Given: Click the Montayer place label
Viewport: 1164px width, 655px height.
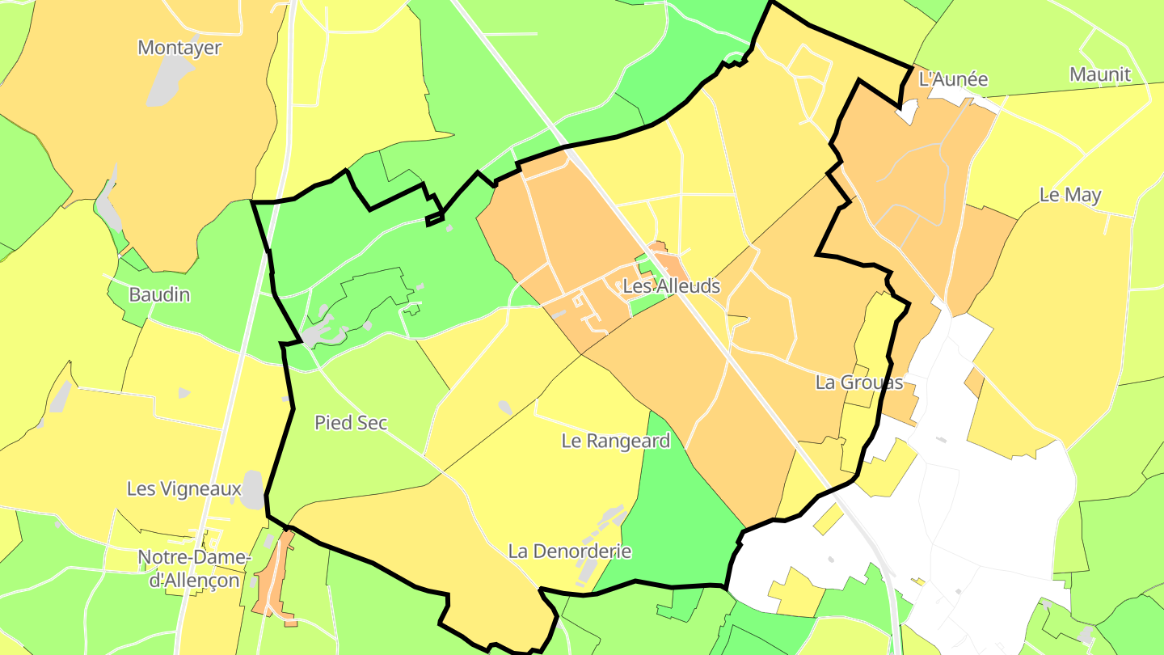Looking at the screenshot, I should (x=179, y=48).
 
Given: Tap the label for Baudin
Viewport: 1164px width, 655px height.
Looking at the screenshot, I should (x=159, y=294).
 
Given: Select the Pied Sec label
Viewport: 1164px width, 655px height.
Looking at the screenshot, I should (x=351, y=423).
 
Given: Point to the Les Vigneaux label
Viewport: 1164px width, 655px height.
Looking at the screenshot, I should (x=184, y=489).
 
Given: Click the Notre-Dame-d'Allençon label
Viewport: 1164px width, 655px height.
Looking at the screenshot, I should (x=194, y=569).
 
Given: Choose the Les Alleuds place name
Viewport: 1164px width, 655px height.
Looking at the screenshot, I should (x=671, y=286).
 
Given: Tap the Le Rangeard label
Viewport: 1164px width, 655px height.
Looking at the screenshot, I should (x=616, y=442).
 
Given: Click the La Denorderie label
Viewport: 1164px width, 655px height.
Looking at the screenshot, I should (x=570, y=551).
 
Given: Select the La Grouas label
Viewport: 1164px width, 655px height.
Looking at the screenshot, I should (x=858, y=382).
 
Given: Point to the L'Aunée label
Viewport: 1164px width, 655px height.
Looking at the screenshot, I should (x=954, y=79).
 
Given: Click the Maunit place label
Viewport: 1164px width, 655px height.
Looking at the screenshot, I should (x=1100, y=75).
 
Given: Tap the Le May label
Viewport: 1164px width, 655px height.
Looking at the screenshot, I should (x=1070, y=195).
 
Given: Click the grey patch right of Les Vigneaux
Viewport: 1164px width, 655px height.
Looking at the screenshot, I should (x=253, y=490).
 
